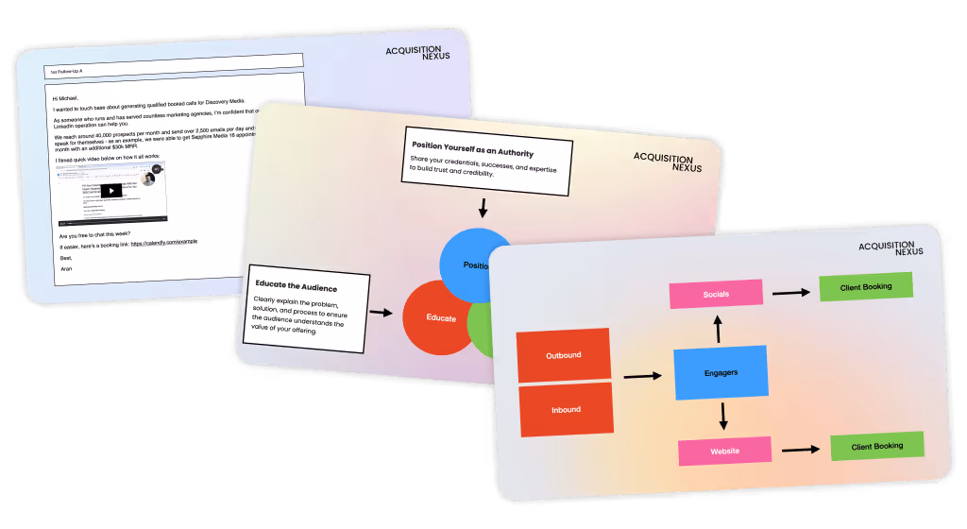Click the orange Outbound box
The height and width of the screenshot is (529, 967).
[x=564, y=354]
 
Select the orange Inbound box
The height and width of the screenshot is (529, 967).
[x=566, y=409]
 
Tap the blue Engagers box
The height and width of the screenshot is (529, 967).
[x=721, y=372]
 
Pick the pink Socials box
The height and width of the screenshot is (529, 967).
[x=716, y=294]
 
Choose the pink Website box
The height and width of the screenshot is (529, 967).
[x=724, y=451]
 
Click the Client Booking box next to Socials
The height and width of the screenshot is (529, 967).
[x=865, y=286]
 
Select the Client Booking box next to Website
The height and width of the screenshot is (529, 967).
[x=876, y=446]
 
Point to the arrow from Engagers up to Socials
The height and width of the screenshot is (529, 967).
[x=717, y=328]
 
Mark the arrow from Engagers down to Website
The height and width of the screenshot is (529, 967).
[x=722, y=416]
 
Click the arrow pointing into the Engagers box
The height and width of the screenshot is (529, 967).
[x=643, y=375]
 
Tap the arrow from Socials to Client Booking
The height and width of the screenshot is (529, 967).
[x=790, y=292]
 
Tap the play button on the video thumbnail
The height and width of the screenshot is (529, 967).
[x=111, y=190]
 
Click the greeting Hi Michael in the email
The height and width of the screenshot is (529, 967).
[x=67, y=97]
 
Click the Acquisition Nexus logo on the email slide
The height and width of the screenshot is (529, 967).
[x=414, y=53]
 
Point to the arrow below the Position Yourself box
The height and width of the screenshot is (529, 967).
[x=483, y=208]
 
